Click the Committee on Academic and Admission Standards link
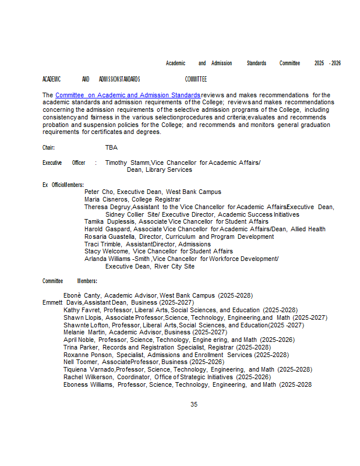coord(128,95)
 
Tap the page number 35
coord(194,404)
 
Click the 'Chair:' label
coord(48,148)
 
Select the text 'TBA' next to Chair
coord(111,148)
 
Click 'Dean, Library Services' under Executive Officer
coord(159,170)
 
